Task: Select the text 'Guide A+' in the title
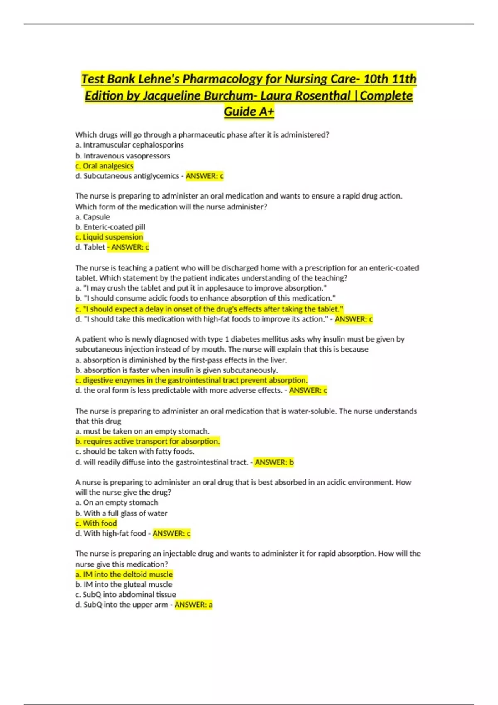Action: (x=249, y=112)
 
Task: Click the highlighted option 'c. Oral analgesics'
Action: (x=104, y=166)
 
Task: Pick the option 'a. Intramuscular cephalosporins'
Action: (x=129, y=145)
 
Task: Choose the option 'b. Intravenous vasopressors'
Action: (x=123, y=156)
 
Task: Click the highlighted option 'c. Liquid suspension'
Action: (x=109, y=237)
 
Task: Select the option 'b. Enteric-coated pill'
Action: (x=110, y=227)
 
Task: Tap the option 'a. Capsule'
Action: (x=93, y=217)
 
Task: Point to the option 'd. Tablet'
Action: (x=90, y=247)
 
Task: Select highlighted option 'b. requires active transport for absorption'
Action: (x=147, y=442)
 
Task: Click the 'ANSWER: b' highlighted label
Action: (x=274, y=462)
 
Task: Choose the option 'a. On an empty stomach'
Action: (x=117, y=503)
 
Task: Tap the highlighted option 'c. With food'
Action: (x=96, y=523)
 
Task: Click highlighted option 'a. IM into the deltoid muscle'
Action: (x=124, y=574)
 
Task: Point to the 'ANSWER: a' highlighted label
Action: (x=193, y=605)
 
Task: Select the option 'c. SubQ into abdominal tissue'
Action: (x=126, y=595)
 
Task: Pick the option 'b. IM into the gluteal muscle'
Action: (x=124, y=585)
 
